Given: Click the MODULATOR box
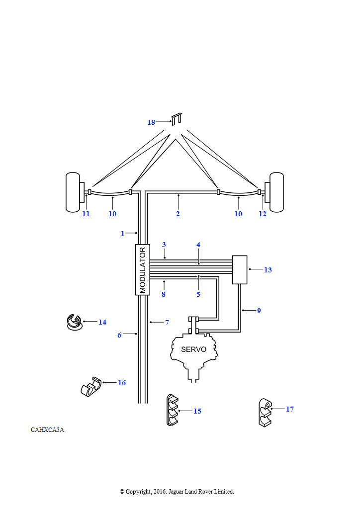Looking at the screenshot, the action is click(x=143, y=270).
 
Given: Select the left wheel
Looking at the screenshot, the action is click(x=73, y=192).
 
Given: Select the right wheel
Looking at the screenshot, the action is click(x=276, y=192).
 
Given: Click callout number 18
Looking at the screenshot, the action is click(x=151, y=122).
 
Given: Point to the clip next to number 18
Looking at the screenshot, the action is click(x=177, y=119).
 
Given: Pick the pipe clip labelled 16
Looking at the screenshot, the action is click(x=91, y=387).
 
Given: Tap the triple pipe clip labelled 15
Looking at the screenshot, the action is click(x=173, y=410).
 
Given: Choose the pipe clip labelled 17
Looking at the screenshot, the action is click(x=266, y=413).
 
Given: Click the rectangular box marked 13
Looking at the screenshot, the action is click(x=240, y=270).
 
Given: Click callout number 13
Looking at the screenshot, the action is click(x=268, y=270).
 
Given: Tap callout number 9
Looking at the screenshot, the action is click(x=259, y=311).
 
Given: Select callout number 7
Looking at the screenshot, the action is click(x=167, y=323).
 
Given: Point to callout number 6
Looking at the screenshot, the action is click(x=119, y=335).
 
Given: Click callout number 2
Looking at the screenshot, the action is click(x=178, y=214).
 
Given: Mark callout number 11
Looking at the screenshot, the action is click(x=86, y=214).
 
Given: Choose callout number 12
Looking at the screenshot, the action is click(x=262, y=214).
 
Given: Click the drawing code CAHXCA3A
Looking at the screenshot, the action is click(x=47, y=430).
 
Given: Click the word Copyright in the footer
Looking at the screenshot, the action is click(x=138, y=492).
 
